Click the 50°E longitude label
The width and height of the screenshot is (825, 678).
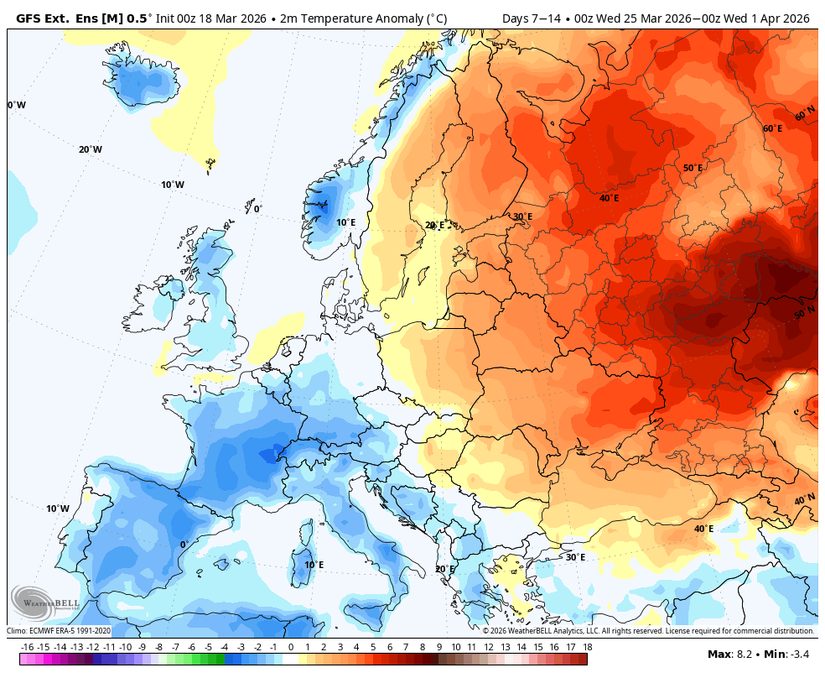pos(693,168)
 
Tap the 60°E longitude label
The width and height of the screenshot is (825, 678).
pos(772,128)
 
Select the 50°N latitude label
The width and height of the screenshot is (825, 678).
pos(804,312)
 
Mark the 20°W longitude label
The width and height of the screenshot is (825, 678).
pos(91,149)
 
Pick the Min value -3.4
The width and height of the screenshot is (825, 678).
pos(800,654)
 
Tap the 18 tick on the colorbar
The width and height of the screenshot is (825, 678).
pos(587,647)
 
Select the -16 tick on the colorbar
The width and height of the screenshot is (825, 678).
pos(27,647)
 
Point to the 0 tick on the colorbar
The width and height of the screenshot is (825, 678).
pos(291,647)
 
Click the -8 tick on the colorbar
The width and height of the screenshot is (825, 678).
pos(158,647)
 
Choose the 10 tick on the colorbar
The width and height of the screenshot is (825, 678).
pos(455,647)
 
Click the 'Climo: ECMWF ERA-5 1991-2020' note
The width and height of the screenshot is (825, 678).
pos(59,631)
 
